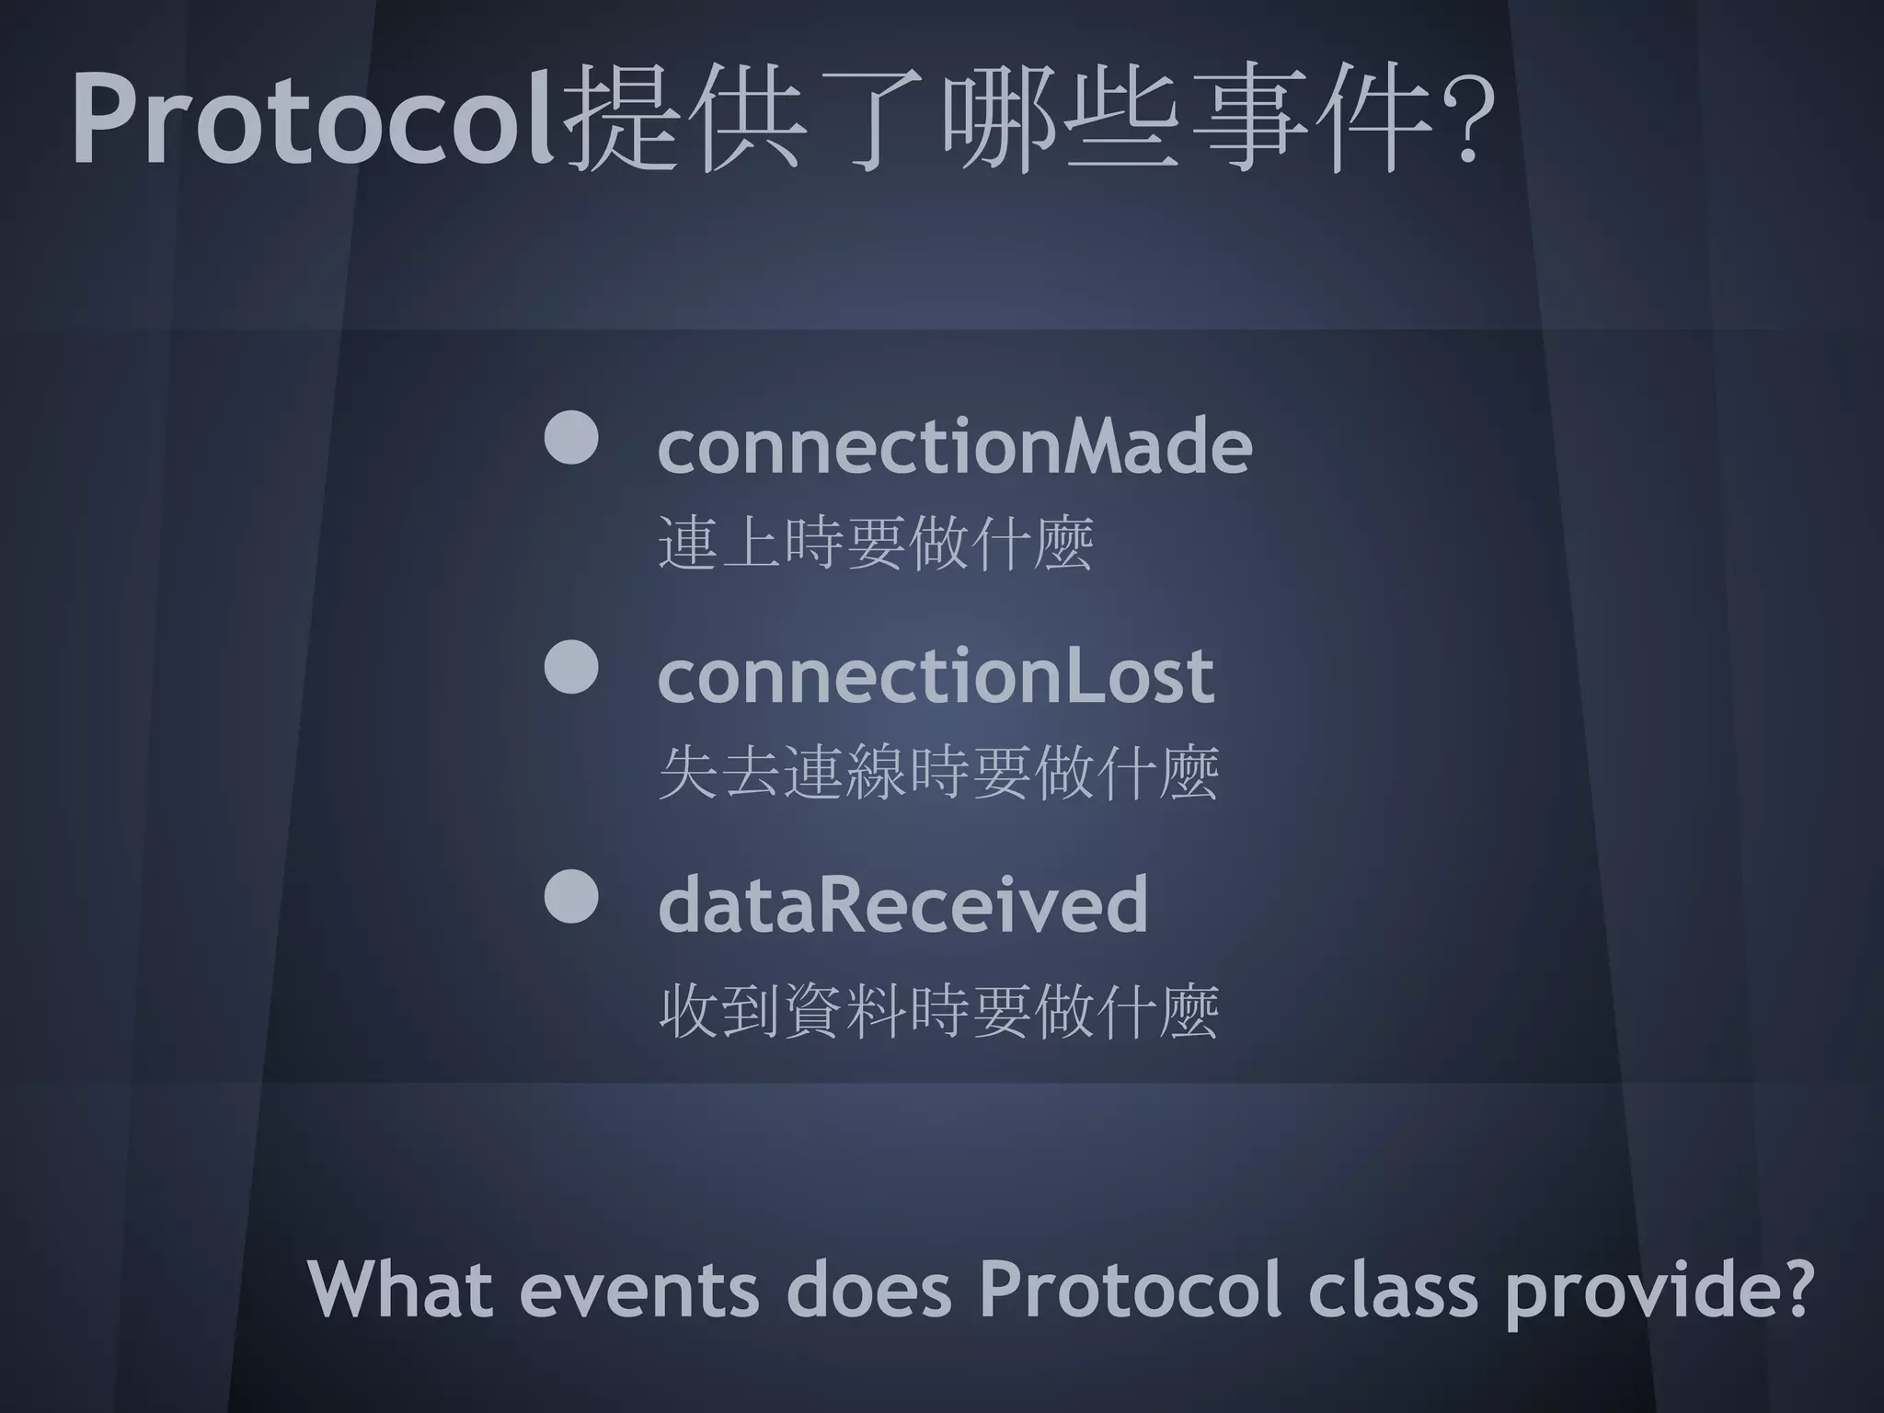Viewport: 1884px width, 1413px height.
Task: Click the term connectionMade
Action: tap(955, 445)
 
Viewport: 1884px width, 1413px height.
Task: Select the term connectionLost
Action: tap(936, 675)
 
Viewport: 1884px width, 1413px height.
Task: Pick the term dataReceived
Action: tap(902, 904)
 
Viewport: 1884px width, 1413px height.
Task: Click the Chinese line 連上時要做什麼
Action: tap(876, 544)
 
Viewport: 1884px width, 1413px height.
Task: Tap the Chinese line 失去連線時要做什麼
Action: tap(938, 773)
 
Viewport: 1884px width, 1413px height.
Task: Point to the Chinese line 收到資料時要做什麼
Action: tap(938, 1011)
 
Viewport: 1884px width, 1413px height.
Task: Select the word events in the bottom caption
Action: tap(638, 1289)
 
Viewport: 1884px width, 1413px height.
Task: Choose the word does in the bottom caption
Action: tap(868, 1289)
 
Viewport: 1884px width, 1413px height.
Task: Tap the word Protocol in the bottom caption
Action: tap(1130, 1289)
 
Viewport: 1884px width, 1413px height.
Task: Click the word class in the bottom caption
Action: tap(1393, 1289)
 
